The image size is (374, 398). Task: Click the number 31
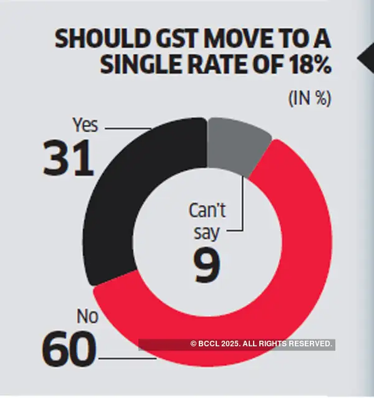68,158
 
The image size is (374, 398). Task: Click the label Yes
85,125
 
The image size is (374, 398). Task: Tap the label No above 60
87,317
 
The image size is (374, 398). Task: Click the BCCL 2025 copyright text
262,344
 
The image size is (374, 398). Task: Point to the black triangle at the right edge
367,59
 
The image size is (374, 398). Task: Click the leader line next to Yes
128,128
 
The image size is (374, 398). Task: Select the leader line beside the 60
125,359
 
